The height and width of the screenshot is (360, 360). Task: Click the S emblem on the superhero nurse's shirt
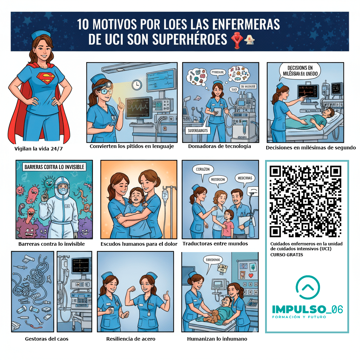tap(46, 78)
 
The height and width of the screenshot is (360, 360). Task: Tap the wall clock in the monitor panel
tap(137, 85)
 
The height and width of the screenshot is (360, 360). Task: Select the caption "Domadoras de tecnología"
tap(219, 146)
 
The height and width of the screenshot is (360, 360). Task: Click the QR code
tap(305, 201)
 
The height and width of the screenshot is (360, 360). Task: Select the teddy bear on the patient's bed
tap(212, 315)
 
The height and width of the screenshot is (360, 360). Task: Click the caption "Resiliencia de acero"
tap(131, 339)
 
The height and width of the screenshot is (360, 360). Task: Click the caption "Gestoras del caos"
tap(47, 339)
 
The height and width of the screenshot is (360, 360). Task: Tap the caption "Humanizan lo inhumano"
tap(217, 339)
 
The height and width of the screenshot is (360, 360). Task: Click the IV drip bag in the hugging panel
tap(165, 195)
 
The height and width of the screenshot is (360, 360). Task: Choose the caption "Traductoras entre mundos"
tap(215, 244)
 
